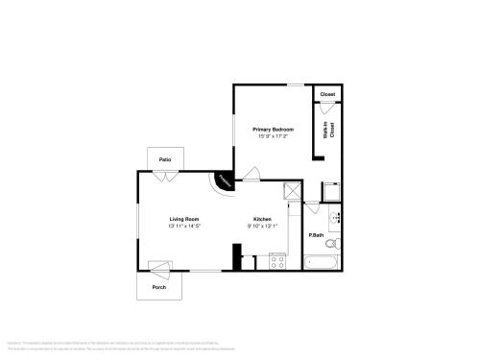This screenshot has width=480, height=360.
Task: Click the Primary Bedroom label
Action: [x=274, y=129]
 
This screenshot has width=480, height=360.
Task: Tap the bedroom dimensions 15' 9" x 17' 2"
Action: [x=274, y=136]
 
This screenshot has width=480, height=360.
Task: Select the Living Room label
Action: [x=183, y=219]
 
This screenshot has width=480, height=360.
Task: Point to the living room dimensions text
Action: [x=183, y=227]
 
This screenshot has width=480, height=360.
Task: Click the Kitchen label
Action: [x=262, y=219]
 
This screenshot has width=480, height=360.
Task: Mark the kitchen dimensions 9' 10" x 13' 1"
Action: [x=262, y=227]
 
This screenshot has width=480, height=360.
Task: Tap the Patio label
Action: [x=165, y=158]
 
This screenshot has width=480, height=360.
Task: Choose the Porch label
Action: [x=159, y=287]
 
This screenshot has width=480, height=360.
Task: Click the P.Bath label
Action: [x=315, y=235]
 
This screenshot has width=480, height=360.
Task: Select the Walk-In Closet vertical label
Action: [x=327, y=132]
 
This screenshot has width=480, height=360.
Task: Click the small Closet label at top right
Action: [x=327, y=94]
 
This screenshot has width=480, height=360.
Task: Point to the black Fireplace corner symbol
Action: [x=224, y=180]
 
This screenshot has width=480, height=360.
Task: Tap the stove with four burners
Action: [x=277, y=260]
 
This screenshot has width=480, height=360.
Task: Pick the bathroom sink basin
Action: [x=336, y=219]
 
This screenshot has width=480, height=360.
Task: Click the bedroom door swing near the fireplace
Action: [x=252, y=175]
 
